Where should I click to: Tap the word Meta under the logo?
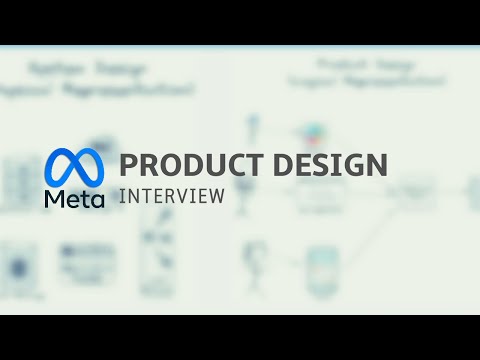point(74,199)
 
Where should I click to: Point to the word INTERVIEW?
point(171,196)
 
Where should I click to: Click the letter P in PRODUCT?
point(128,165)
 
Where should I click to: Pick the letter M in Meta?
point(54,199)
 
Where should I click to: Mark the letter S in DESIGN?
point(318,165)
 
